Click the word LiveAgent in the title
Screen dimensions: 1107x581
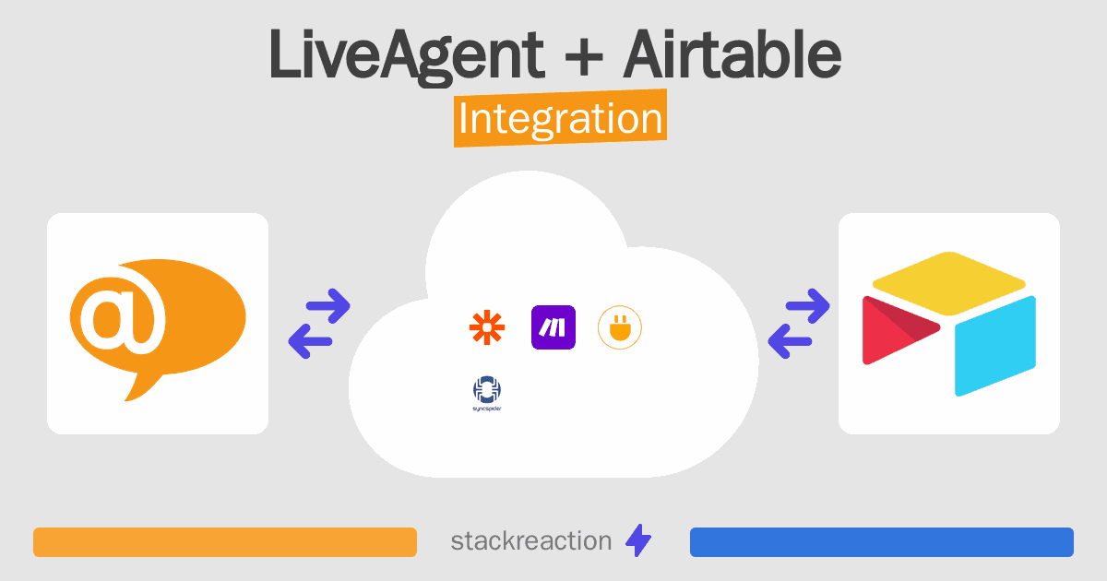(x=406, y=55)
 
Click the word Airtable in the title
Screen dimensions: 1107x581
(x=732, y=53)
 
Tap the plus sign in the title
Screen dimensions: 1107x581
(x=583, y=56)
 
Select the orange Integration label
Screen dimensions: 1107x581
(x=561, y=118)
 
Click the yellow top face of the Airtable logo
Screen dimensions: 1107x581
(x=949, y=283)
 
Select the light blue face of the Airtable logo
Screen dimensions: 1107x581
(x=994, y=346)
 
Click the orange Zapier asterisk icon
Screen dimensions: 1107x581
(x=487, y=327)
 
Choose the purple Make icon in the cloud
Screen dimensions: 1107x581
(x=553, y=327)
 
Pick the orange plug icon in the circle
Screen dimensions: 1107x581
(x=620, y=327)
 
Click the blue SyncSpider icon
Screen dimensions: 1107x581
(x=487, y=393)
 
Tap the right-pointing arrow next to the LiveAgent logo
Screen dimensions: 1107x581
(x=328, y=306)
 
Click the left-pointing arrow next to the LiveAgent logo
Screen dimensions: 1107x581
(x=310, y=341)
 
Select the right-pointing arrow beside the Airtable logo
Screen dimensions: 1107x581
(x=807, y=306)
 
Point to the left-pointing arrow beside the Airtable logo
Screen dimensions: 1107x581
(x=790, y=341)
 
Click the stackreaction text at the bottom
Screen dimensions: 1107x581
(x=531, y=541)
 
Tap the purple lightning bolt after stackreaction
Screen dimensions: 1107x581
(x=638, y=540)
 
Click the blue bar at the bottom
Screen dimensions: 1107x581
(x=882, y=542)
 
